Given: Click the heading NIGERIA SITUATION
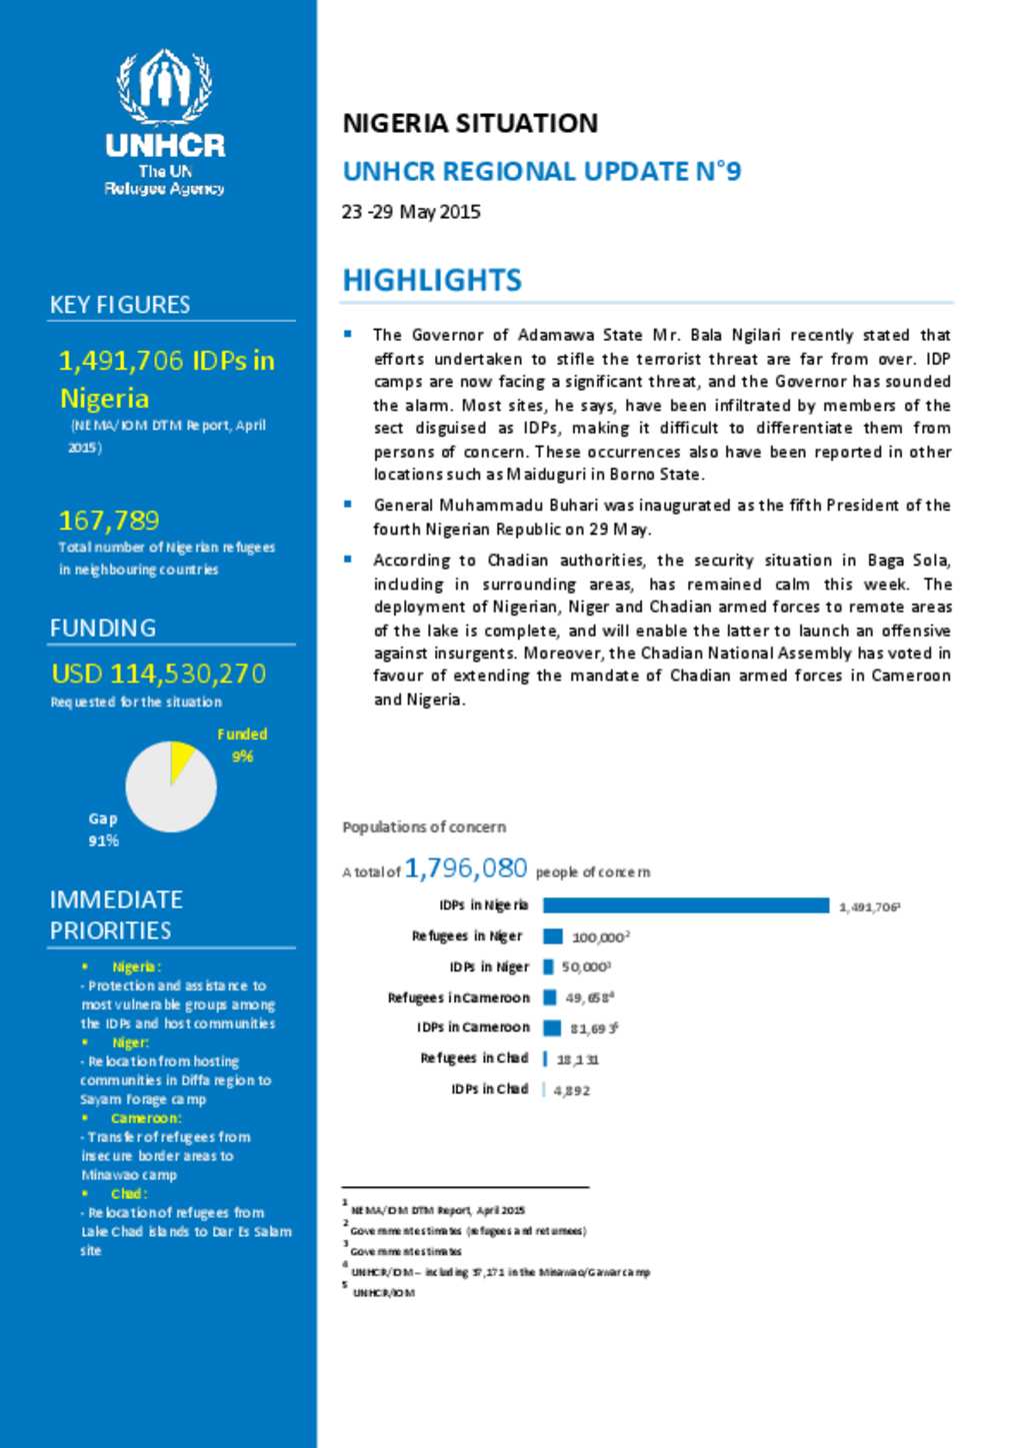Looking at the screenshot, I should (x=470, y=123).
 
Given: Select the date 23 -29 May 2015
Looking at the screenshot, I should (x=411, y=212).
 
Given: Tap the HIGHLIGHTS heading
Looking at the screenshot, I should (x=432, y=280).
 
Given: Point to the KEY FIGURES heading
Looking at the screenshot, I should (x=120, y=305).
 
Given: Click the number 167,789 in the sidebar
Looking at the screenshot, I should (x=109, y=520).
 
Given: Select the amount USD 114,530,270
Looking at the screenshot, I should (x=159, y=674).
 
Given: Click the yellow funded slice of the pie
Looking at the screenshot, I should (x=180, y=758).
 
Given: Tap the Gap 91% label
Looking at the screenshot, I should (x=103, y=829).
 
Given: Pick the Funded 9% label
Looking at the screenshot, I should (x=242, y=744).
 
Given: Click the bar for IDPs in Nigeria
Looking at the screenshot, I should (x=686, y=905).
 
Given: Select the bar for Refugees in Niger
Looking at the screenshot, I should (x=553, y=936).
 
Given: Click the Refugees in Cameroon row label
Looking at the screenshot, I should (x=459, y=997).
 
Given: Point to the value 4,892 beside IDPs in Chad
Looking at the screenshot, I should (x=572, y=1090).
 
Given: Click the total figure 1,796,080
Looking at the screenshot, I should (x=466, y=867).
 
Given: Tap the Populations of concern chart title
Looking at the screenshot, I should (x=424, y=827).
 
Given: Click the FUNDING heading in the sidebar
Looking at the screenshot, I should (x=103, y=628).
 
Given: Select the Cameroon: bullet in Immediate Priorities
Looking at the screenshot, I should (x=146, y=1118).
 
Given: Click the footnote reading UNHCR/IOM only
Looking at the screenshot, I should (x=383, y=1293).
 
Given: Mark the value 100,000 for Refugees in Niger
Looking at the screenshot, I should (x=598, y=937).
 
